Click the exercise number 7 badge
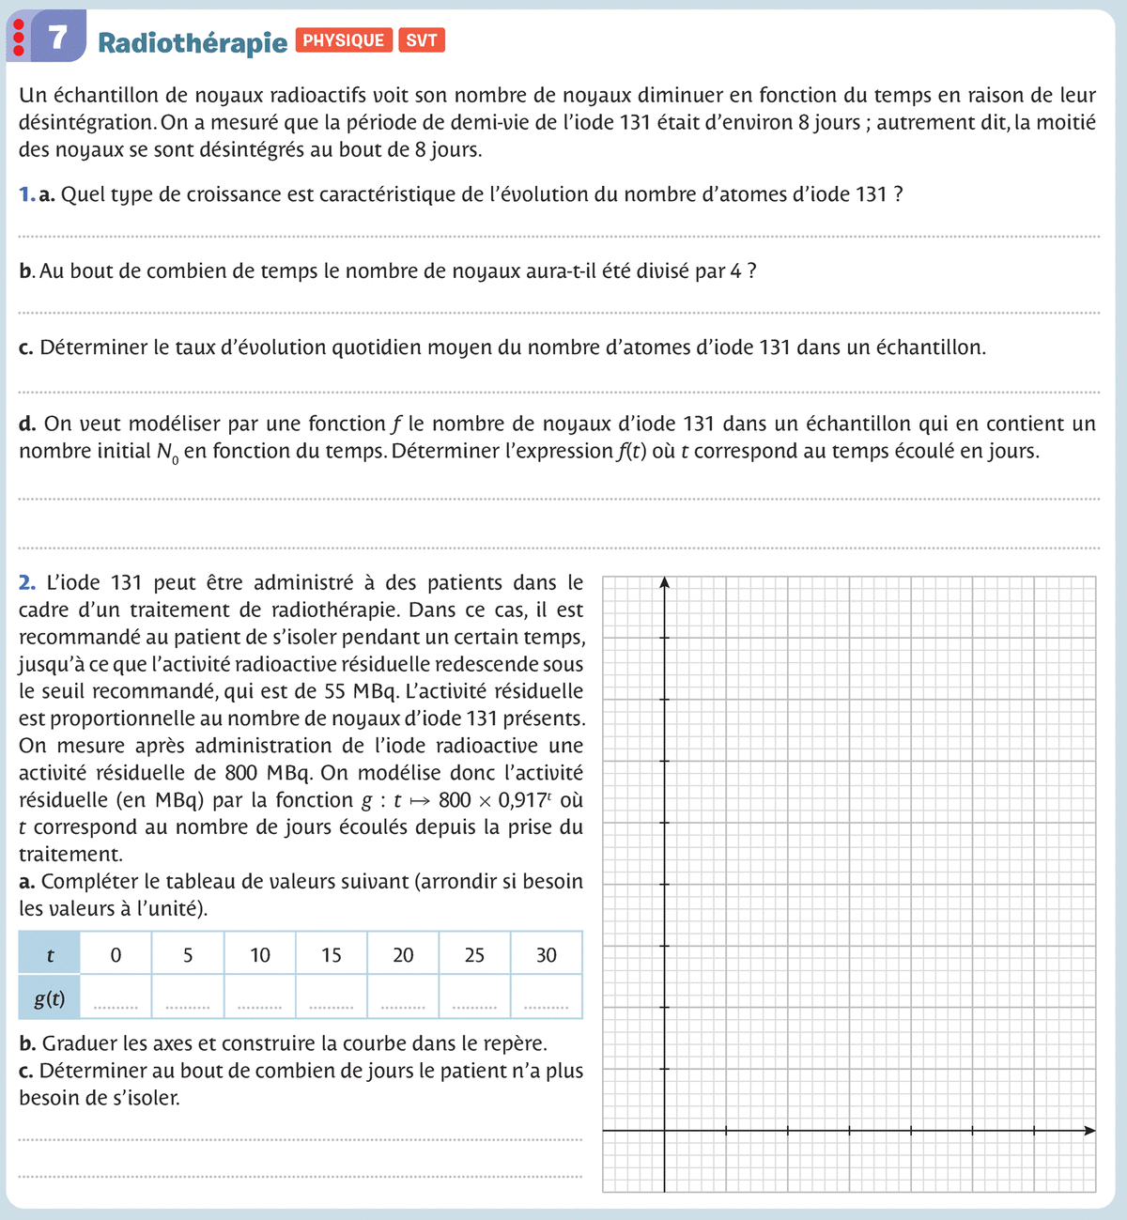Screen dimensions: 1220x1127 [58, 37]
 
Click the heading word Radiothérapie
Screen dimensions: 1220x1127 [193, 43]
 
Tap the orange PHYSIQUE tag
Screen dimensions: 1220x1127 [344, 40]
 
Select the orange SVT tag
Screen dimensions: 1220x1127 [422, 40]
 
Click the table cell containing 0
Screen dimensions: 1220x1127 [116, 955]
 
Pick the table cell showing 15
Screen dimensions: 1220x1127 [332, 955]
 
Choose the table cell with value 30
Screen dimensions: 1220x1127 [547, 955]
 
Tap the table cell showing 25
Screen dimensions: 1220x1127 [474, 955]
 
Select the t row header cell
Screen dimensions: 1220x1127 [50, 955]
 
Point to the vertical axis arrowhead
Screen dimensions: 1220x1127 [664, 583]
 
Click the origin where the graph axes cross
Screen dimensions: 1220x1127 [664, 1131]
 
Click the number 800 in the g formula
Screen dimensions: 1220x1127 [455, 800]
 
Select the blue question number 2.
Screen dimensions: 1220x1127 [26, 582]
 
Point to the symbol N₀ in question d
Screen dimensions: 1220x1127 [167, 452]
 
